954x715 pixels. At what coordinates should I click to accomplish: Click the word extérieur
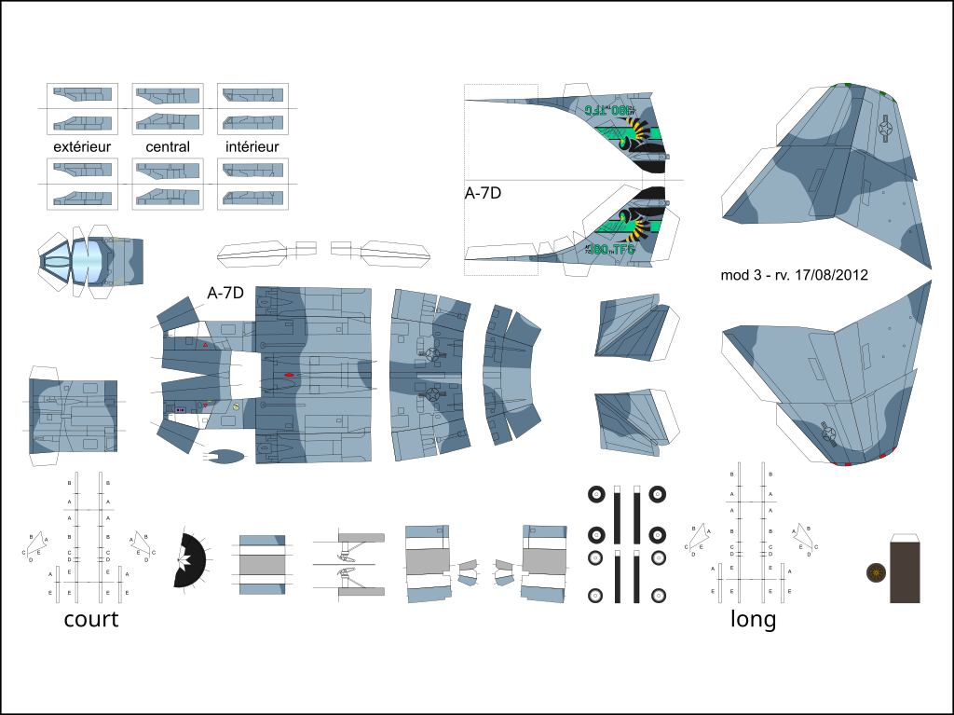point(82,146)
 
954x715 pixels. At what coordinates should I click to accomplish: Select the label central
point(168,146)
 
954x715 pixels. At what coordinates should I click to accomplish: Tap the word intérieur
point(252,146)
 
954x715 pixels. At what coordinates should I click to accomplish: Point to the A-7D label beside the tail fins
point(484,194)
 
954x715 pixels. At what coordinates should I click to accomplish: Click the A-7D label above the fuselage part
point(225,293)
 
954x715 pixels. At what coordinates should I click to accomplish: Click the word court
point(91,618)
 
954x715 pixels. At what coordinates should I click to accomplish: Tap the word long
point(753,618)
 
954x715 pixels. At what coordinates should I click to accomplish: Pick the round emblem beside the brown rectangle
point(876,571)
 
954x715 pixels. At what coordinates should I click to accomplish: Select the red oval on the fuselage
point(289,376)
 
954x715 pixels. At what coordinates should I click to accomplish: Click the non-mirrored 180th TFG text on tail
point(610,249)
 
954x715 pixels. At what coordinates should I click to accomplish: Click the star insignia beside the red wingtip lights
point(827,432)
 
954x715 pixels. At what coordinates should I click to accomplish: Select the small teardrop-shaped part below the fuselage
point(224,457)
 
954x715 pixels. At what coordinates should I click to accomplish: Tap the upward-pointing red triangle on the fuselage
point(206,344)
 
